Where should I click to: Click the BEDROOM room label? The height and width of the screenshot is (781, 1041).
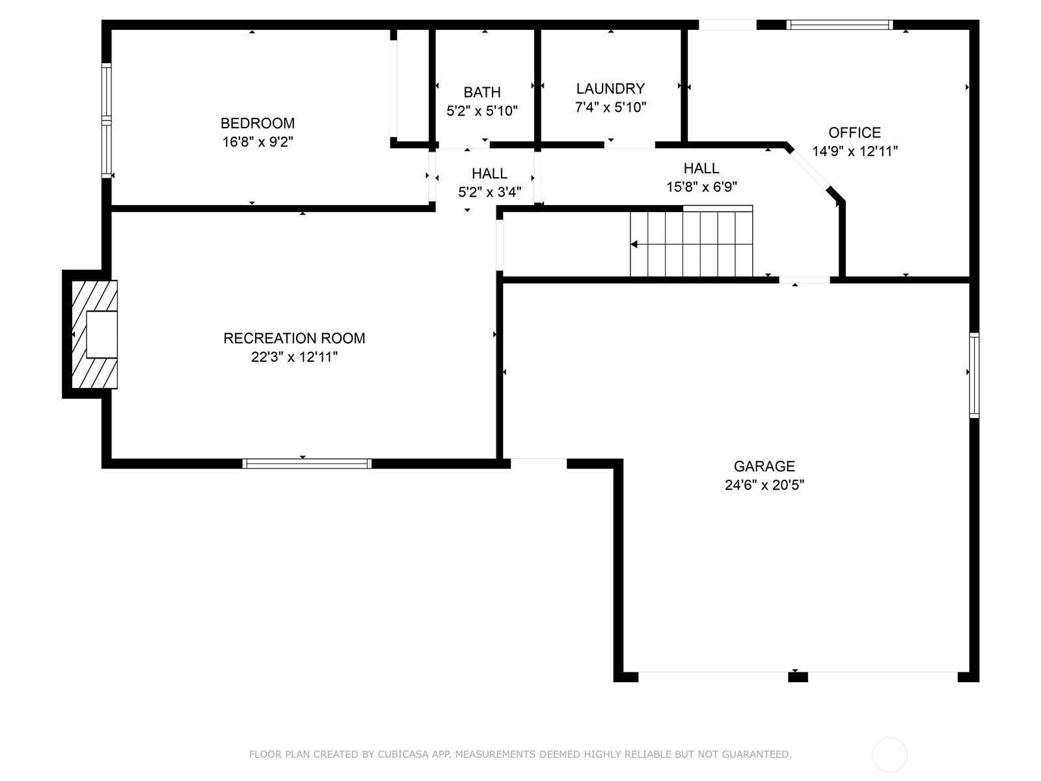pos(258,123)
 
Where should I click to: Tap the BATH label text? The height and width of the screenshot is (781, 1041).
pos(482,92)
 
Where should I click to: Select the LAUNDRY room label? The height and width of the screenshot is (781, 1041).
pos(610,89)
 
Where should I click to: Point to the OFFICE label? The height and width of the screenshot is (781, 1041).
pos(855,132)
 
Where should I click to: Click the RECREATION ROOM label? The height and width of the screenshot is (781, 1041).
pos(294,338)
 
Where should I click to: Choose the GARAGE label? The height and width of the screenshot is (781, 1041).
pos(764,466)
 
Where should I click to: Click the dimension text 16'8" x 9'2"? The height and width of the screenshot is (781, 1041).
pos(258,142)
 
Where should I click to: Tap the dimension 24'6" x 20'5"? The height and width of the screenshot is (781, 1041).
pos(764,485)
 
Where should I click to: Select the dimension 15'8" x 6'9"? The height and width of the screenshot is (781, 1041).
pos(701,187)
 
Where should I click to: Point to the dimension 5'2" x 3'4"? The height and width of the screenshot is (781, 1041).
pos(489,192)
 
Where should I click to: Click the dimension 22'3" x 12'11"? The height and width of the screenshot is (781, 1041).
pos(294,357)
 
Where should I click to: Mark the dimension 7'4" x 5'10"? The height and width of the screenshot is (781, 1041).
pos(610,107)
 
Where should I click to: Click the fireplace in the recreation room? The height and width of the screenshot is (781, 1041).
pos(94,335)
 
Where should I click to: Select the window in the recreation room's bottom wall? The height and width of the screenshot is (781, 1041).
pos(307,463)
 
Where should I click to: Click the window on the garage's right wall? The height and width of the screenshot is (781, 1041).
pos(973,375)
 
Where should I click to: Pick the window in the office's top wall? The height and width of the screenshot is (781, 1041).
pos(839,25)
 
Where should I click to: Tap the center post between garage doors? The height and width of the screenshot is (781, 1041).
pos(798,677)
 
